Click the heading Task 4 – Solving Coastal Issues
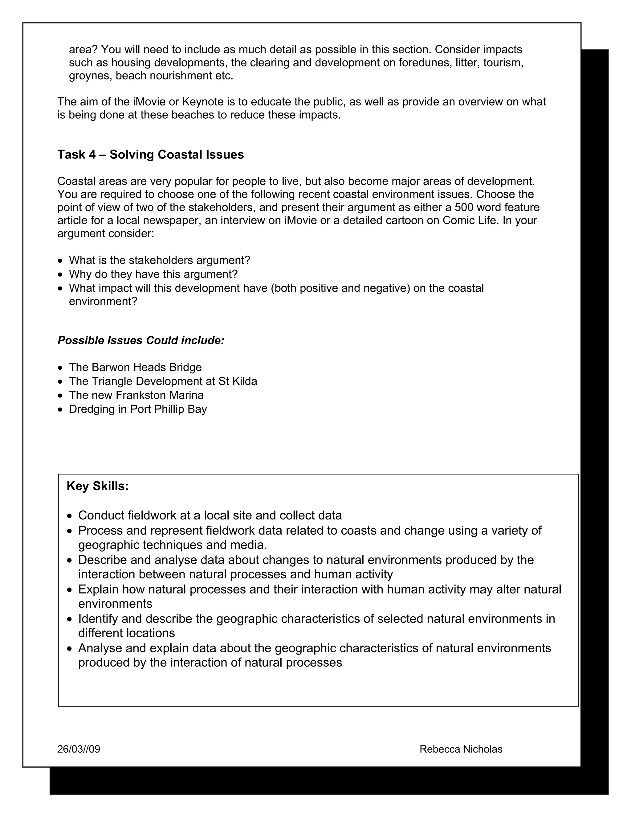[x=150, y=154]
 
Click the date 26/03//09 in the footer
[x=79, y=749]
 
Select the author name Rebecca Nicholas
[x=461, y=749]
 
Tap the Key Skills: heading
[x=98, y=486]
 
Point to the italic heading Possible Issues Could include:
[x=141, y=340]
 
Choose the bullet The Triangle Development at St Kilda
[x=163, y=381]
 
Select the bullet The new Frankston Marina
[x=136, y=395]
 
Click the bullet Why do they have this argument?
[x=153, y=274]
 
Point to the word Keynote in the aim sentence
[x=202, y=102]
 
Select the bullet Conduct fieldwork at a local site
[x=210, y=515]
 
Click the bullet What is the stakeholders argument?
[x=159, y=261]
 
